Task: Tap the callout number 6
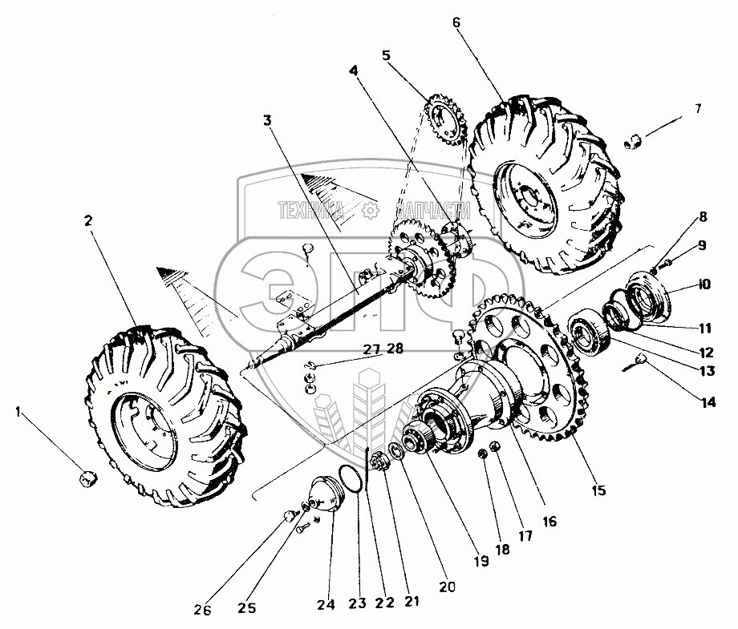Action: [x=456, y=22]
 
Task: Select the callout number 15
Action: [x=598, y=489]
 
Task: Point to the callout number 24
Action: [x=324, y=606]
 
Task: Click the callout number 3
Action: [x=267, y=121]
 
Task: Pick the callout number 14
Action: [x=708, y=402]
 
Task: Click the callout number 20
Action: [x=448, y=587]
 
